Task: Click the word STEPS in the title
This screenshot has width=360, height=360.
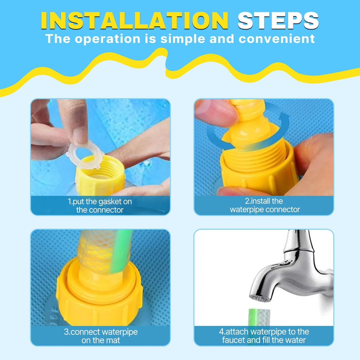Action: [278, 20]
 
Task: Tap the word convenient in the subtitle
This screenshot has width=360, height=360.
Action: [277, 39]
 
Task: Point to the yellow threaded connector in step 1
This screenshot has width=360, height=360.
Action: [100, 176]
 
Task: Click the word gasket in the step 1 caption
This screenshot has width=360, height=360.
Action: [110, 202]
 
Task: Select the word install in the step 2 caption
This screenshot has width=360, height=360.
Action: [258, 201]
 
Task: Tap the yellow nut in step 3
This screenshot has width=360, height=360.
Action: [99, 296]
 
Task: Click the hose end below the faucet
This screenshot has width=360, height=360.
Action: [259, 317]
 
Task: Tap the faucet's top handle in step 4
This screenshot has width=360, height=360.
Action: [298, 241]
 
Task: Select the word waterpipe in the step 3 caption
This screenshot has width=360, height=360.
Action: [120, 332]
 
